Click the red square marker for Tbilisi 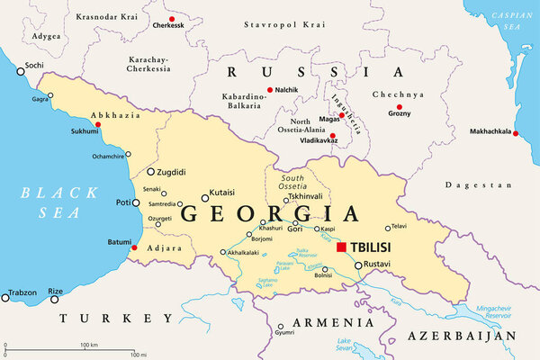(341, 247)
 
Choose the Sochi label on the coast (34, 66)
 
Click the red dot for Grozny (399, 106)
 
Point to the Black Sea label (45, 202)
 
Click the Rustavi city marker (357, 265)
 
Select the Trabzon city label (22, 292)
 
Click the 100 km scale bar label (88, 345)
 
